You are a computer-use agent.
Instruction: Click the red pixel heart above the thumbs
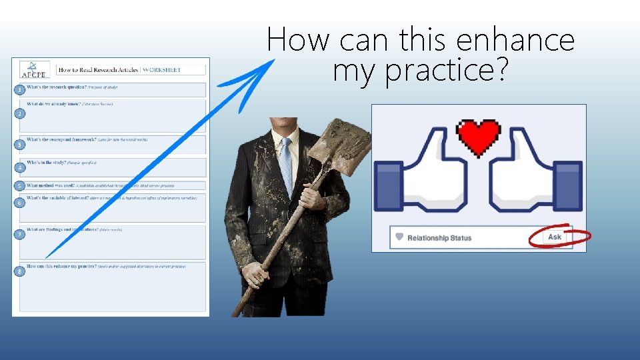479,136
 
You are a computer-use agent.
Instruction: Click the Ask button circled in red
555,237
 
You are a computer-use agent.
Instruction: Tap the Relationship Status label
439,237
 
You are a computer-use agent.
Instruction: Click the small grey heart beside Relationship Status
399,237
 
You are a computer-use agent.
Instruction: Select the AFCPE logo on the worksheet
31,69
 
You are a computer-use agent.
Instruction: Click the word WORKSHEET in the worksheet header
162,69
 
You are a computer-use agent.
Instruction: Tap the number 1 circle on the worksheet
21,89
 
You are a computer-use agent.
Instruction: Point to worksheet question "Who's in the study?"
47,162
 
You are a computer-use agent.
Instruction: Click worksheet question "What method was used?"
51,185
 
